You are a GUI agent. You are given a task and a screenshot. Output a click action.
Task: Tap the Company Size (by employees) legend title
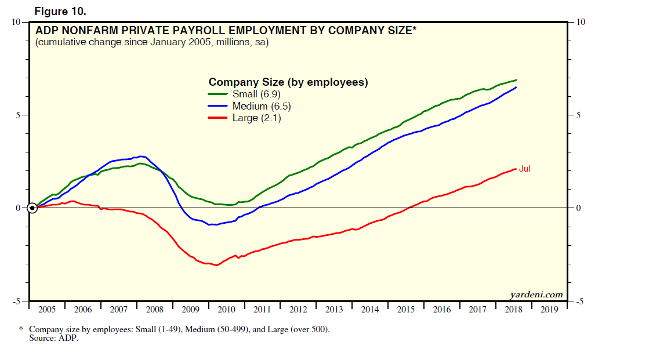point(288,82)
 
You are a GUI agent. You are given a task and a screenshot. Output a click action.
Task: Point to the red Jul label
point(524,169)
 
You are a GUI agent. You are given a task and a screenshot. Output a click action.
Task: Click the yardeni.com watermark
point(536,294)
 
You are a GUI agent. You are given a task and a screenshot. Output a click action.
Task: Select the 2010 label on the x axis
point(226,310)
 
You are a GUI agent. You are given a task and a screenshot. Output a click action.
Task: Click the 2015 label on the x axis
point(406,310)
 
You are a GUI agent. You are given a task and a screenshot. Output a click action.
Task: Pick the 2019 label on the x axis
point(549,310)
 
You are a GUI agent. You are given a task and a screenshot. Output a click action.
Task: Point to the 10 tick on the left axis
point(16,22)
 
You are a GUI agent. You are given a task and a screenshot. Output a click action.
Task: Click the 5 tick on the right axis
point(578,115)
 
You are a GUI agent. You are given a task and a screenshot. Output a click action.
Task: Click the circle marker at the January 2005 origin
point(32,208)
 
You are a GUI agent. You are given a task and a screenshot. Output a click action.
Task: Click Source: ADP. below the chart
point(53,338)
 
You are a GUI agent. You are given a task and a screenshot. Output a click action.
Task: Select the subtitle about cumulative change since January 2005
point(152,42)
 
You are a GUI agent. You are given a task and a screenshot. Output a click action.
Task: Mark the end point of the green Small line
point(516,80)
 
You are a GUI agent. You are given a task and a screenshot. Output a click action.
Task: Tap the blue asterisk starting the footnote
point(21,329)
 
